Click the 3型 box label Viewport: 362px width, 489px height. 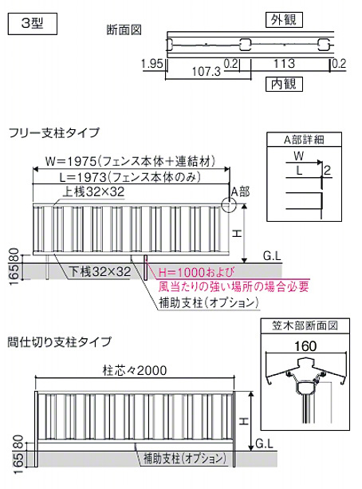tap(33, 24)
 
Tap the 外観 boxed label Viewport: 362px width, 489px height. tap(284, 20)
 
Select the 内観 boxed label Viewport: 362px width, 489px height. tap(284, 84)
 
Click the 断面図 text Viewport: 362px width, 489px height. tap(124, 30)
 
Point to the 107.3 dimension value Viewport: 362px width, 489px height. tap(206, 72)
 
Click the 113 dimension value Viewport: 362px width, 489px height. tap(284, 64)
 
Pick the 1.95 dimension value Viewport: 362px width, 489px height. tap(151, 64)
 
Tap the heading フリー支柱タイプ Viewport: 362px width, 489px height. tap(54, 133)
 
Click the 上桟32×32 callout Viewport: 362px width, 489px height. tap(93, 191)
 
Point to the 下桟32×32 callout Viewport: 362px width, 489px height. tap(100, 272)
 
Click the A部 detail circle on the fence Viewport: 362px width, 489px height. tap(229, 205)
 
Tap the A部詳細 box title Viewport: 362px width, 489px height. tap(304, 140)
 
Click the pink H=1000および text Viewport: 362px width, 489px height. tap(196, 272)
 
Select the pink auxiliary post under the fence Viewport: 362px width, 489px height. tap(145, 267)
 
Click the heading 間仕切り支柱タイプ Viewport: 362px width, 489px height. tap(60, 341)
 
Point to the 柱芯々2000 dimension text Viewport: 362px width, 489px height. tap(135, 370)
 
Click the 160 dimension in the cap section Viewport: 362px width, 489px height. tap(305, 346)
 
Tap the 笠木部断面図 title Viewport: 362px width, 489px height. tap(305, 325)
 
